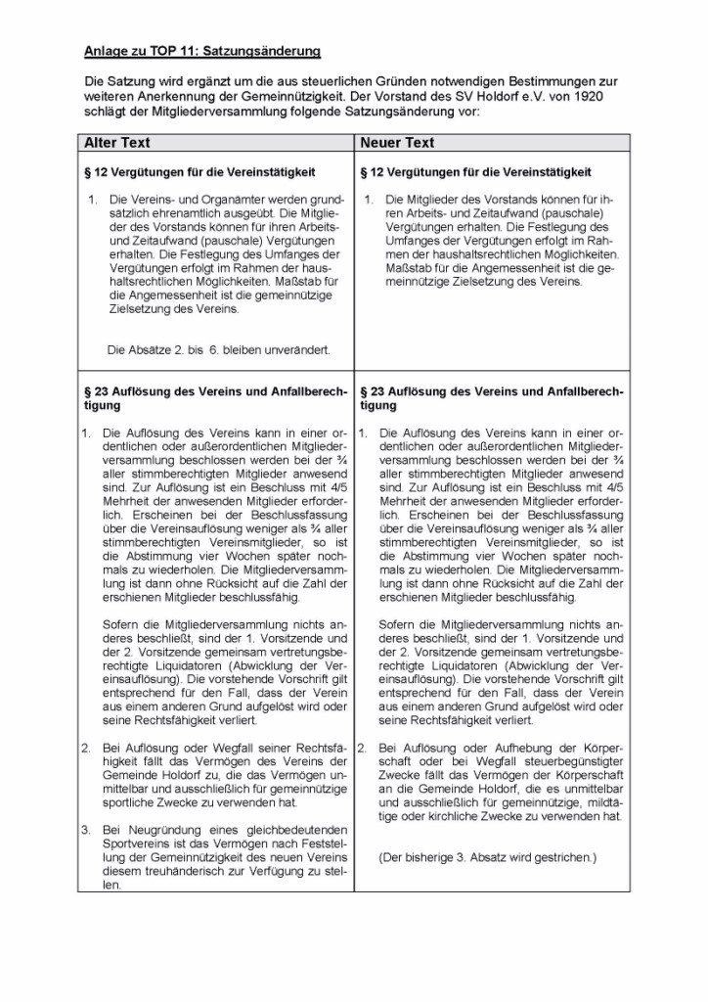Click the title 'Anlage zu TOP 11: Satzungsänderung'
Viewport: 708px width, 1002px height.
pyautogui.click(x=202, y=49)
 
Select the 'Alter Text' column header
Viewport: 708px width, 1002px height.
pyautogui.click(x=117, y=143)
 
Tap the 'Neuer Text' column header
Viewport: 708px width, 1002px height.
pyautogui.click(x=397, y=143)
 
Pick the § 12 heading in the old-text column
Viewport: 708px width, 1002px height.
pyautogui.click(x=200, y=172)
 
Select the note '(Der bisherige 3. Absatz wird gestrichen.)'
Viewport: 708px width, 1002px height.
pyautogui.click(x=486, y=858)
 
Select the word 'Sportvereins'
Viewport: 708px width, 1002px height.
pyautogui.click(x=140, y=843)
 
